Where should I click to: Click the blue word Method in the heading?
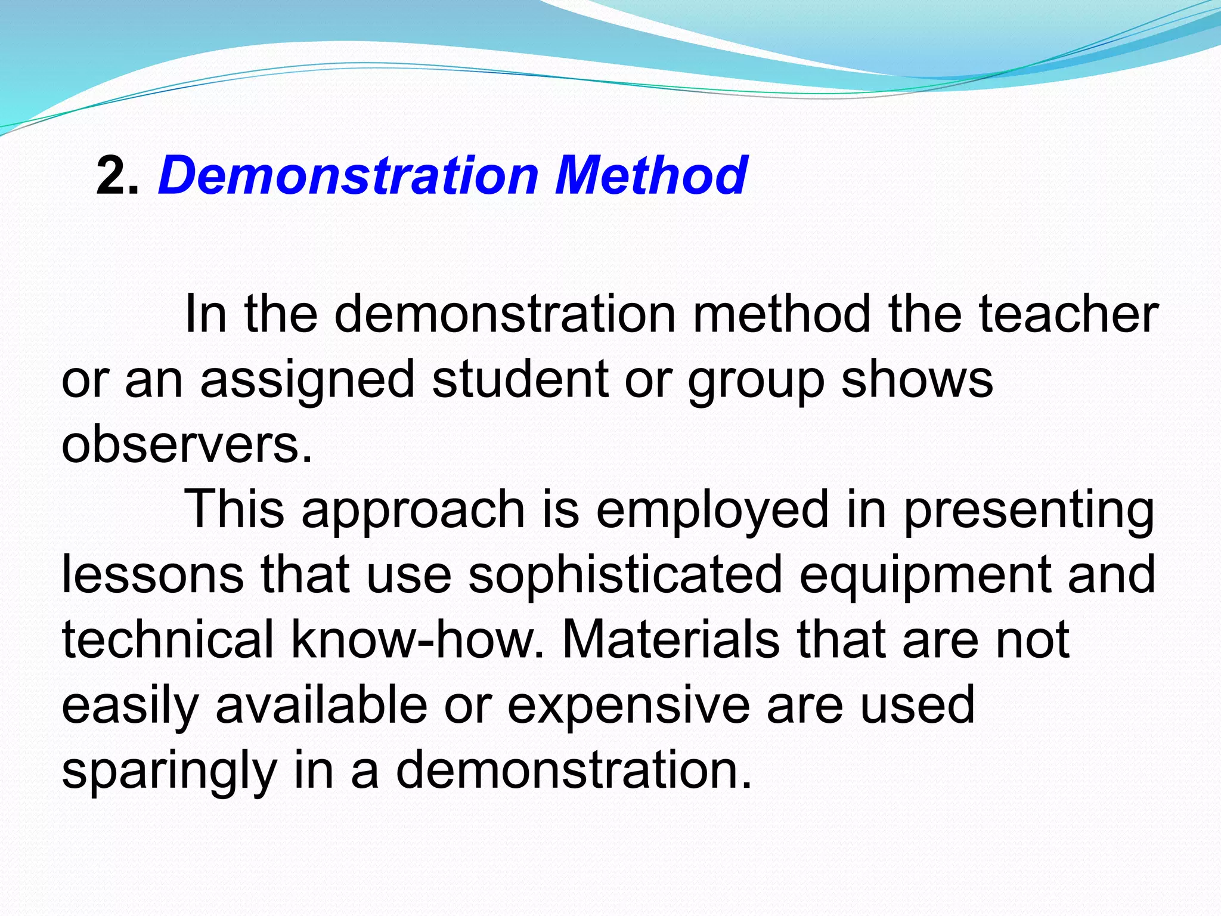pyautogui.click(x=650, y=175)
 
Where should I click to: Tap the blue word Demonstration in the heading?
pyautogui.click(x=348, y=175)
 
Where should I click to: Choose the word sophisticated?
pyautogui.click(x=625, y=576)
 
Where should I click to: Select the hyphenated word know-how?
pyautogui.click(x=413, y=640)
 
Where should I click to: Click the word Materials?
pyautogui.click(x=671, y=640)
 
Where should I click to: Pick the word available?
pyautogui.click(x=321, y=705)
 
